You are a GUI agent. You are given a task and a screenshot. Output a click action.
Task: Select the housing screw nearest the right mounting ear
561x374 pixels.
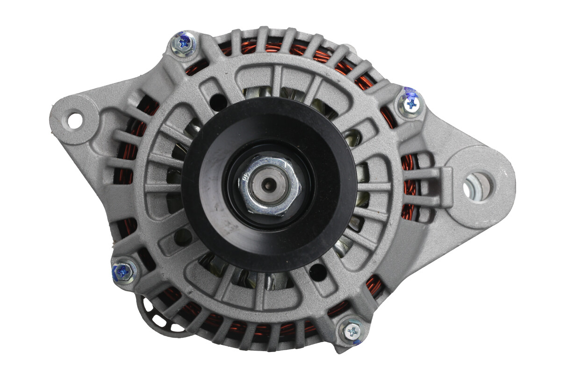coord(411,104)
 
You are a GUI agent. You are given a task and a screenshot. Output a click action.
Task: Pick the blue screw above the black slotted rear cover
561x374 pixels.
coord(124,270)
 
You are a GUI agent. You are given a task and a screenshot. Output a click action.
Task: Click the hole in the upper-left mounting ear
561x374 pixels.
coord(74,119)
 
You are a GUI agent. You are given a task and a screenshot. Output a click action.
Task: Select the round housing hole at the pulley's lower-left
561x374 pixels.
coord(182,237)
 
